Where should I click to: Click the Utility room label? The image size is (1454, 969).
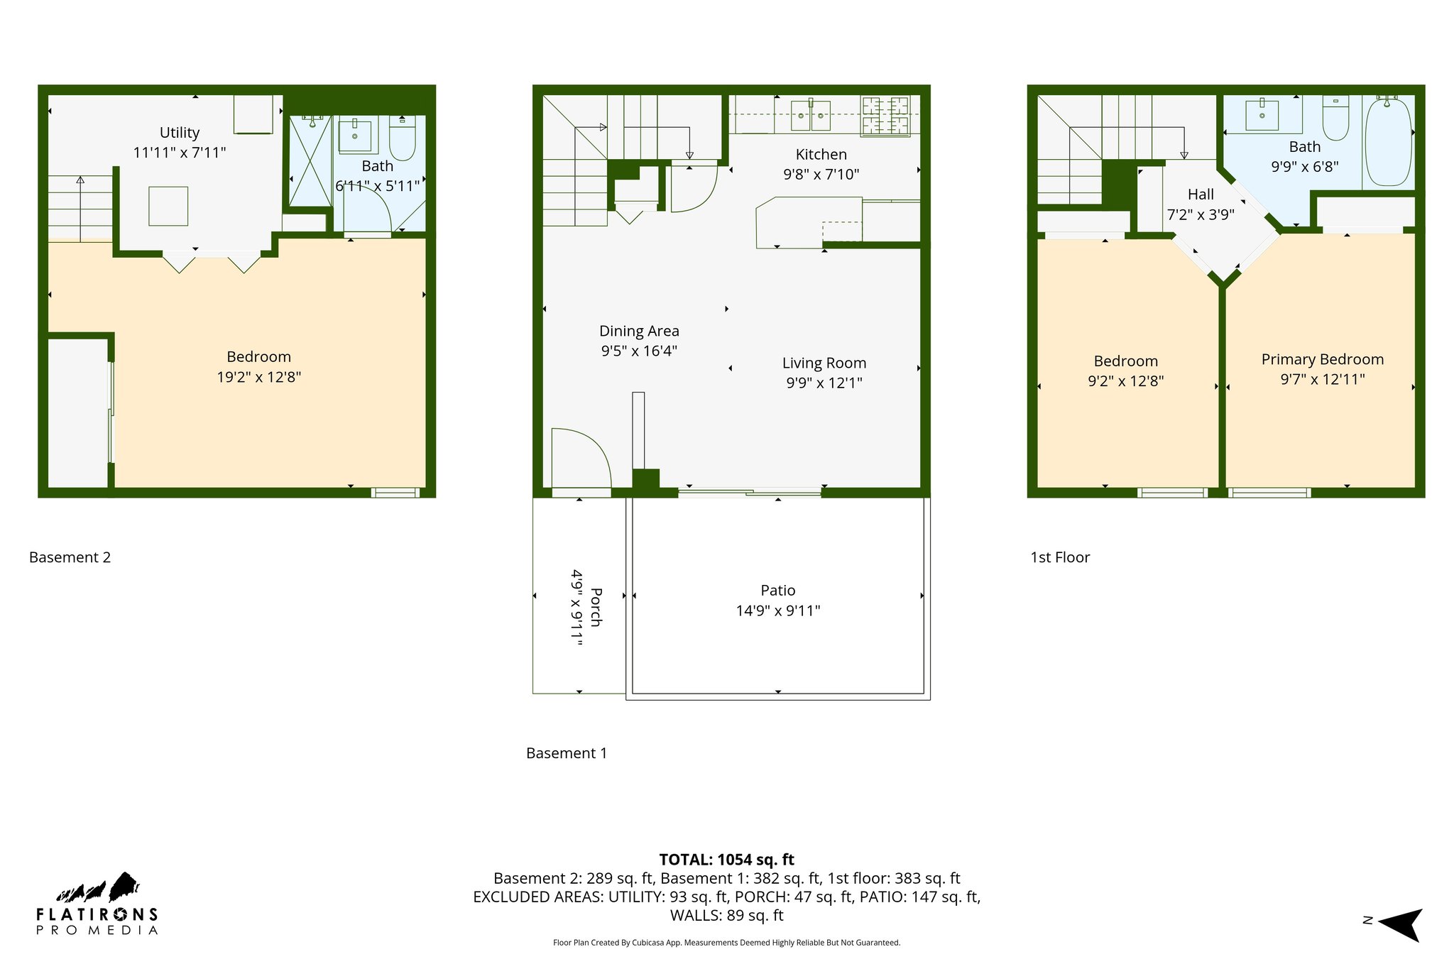180,133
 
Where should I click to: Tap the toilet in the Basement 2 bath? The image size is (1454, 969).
402,138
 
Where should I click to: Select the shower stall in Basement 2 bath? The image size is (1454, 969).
310,161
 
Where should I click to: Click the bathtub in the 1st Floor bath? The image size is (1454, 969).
1388,142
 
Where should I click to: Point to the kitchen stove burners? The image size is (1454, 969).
885,116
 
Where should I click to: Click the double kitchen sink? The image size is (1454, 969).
810,115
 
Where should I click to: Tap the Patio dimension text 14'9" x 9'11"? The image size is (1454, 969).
778,611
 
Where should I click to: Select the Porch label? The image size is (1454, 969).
596,607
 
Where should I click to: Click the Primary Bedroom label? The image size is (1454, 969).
1322,359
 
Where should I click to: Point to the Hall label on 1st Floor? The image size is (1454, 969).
1201,195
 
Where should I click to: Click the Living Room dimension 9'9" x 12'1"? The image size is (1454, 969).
824,383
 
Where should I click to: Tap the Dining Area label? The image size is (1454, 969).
639,331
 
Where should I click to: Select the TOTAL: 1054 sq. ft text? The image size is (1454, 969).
726,860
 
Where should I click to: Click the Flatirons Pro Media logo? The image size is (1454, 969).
97,904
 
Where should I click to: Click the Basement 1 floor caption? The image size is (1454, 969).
567,753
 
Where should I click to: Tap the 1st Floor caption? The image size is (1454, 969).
1059,557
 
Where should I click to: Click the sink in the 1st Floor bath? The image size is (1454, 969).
1262,116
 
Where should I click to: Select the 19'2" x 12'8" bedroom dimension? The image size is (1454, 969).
258,377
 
